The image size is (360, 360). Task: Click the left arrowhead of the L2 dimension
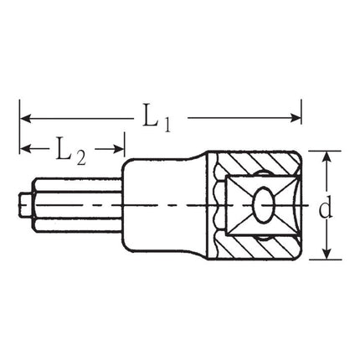(25, 149)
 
